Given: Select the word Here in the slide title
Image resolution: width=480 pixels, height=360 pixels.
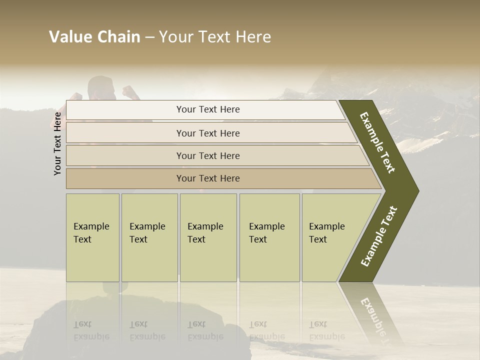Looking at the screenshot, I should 253,37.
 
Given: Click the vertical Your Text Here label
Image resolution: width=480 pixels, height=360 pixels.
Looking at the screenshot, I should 57,143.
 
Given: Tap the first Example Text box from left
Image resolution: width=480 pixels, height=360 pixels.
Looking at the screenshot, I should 92,237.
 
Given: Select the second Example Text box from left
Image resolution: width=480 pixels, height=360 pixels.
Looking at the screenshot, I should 149,237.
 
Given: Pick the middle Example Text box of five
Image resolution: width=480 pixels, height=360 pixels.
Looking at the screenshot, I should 208,237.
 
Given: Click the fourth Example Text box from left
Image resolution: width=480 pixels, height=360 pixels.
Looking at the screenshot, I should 269,237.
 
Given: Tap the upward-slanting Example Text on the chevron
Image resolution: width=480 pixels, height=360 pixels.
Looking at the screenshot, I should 379,236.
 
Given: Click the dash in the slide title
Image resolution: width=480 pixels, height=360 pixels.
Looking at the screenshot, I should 149,37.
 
